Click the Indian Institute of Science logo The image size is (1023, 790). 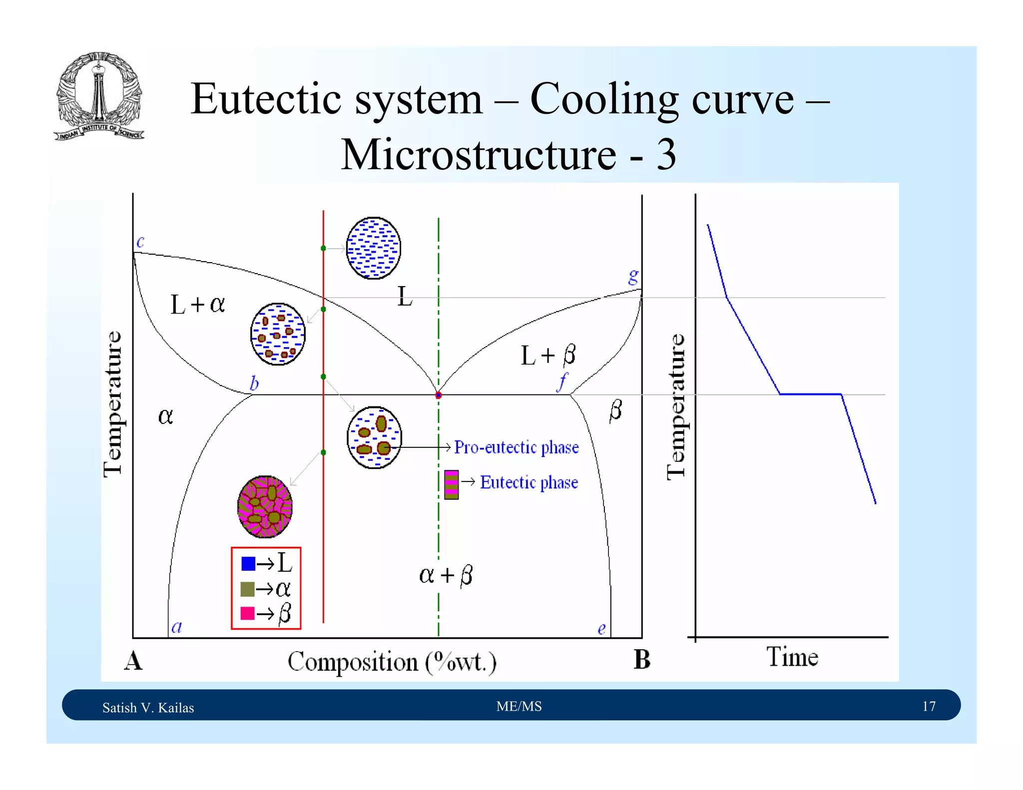pyautogui.click(x=99, y=96)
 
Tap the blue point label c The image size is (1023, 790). pyautogui.click(x=140, y=242)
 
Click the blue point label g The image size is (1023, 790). pyautogui.click(x=633, y=276)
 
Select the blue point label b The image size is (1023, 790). pyautogui.click(x=254, y=384)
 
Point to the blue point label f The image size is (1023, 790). pyautogui.click(x=563, y=382)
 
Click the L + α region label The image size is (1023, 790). pyautogui.click(x=198, y=304)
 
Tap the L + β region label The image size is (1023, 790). pyautogui.click(x=548, y=355)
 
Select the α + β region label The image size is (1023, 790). pyautogui.click(x=446, y=575)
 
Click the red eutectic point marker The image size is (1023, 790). pyautogui.click(x=439, y=395)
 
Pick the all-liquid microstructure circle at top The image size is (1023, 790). pyautogui.click(x=374, y=248)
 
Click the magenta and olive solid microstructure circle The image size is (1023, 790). pyautogui.click(x=265, y=506)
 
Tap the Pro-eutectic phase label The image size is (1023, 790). pyautogui.click(x=516, y=447)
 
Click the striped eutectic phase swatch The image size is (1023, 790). pyautogui.click(x=452, y=484)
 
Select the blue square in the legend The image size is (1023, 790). pyautogui.click(x=248, y=564)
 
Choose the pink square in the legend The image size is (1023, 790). pyautogui.click(x=248, y=613)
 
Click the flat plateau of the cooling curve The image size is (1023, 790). pyautogui.click(x=810, y=394)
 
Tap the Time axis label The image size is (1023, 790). pyautogui.click(x=792, y=657)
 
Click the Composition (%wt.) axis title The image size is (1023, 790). pyautogui.click(x=392, y=662)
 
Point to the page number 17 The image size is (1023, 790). pyautogui.click(x=929, y=706)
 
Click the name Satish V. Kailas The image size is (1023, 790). pyautogui.click(x=148, y=708)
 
